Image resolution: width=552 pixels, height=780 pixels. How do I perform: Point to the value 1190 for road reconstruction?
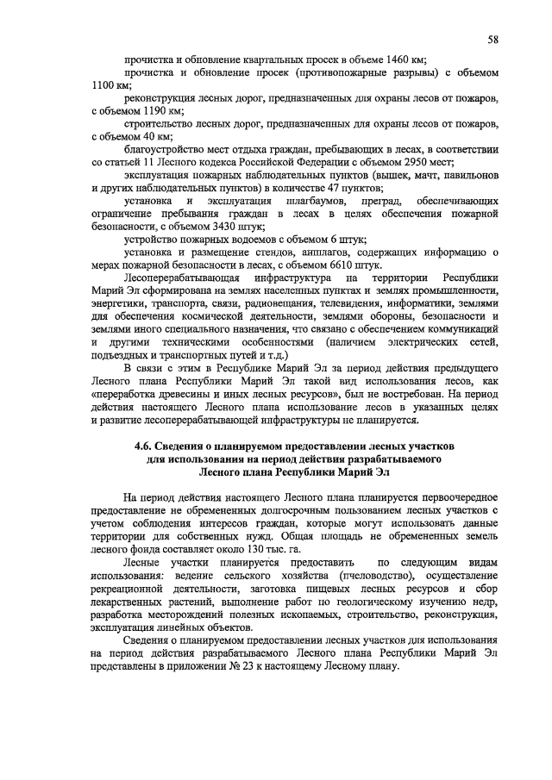(x=144, y=111)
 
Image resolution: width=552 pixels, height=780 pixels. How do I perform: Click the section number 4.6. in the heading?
(x=146, y=448)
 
